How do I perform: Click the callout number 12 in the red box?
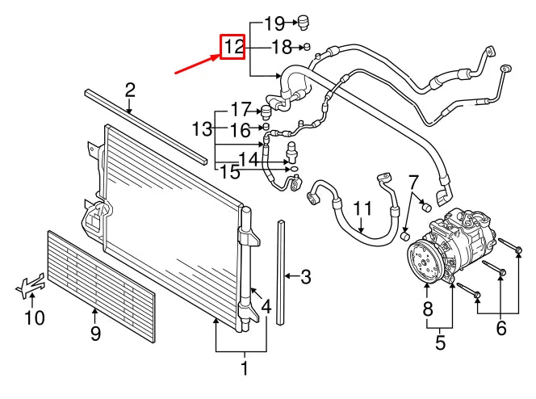[233, 47]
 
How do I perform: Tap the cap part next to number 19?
[304, 21]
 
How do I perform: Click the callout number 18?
[280, 48]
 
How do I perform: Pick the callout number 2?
[130, 90]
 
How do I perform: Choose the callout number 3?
[305, 278]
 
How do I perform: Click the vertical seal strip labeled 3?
[280, 271]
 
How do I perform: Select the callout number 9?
[95, 333]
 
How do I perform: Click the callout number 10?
[34, 318]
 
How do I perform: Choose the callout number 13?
[201, 128]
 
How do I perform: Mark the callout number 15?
[229, 171]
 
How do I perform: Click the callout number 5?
[440, 343]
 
